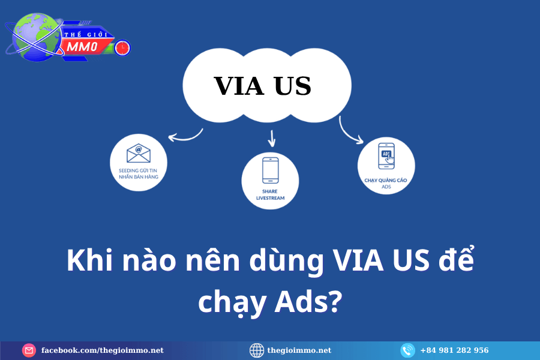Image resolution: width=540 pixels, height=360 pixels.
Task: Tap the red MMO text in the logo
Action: click(x=82, y=47)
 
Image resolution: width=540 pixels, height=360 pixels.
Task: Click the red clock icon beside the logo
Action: click(x=122, y=47)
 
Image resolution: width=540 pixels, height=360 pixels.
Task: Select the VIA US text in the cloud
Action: click(x=262, y=85)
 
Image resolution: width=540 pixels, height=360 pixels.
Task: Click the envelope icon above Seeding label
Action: click(x=139, y=153)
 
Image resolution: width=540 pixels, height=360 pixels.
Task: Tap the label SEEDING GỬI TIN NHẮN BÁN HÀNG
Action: click(x=139, y=173)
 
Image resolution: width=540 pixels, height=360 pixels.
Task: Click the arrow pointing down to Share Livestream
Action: click(x=272, y=139)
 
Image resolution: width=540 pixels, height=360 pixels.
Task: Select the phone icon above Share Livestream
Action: click(x=271, y=170)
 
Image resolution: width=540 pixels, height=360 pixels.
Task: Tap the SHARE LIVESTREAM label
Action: click(x=271, y=194)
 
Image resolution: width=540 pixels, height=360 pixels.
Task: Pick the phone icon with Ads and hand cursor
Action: click(x=386, y=156)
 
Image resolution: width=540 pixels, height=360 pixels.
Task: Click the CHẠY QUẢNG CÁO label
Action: click(x=386, y=180)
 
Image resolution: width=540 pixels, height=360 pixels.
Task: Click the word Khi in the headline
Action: click(x=89, y=260)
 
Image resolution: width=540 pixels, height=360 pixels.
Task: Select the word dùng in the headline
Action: click(x=287, y=262)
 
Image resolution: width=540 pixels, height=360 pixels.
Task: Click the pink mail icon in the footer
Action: click(x=29, y=350)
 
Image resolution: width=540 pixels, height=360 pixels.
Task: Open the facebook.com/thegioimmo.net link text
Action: click(x=102, y=350)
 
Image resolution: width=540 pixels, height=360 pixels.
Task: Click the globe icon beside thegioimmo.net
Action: click(x=257, y=350)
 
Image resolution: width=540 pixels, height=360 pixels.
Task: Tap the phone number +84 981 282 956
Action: click(x=454, y=350)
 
